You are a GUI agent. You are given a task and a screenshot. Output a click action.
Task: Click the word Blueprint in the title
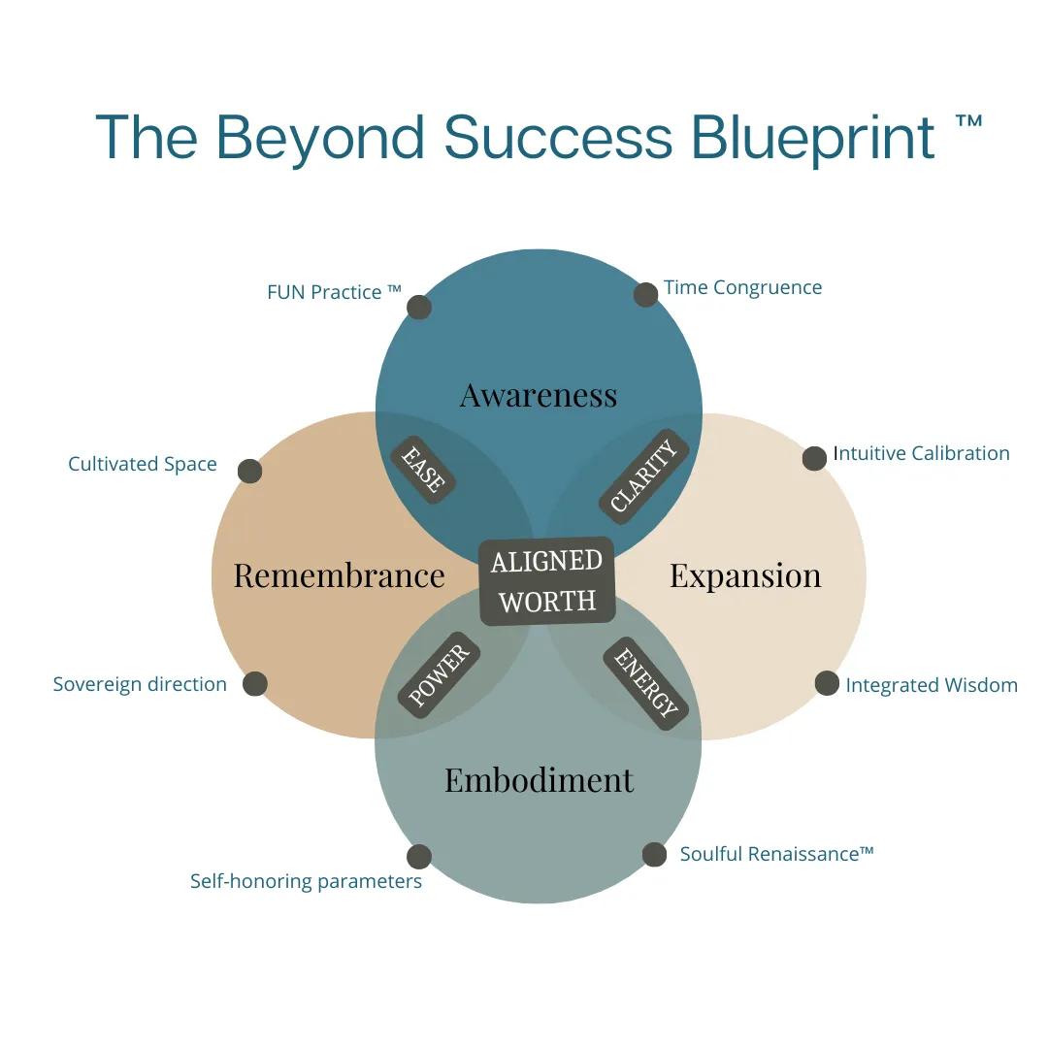pos(813,139)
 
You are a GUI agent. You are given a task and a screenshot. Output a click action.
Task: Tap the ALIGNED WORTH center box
pos(547,581)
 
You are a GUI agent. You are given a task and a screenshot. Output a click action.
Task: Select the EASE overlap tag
pos(423,470)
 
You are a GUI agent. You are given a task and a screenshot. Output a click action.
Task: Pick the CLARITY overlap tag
pos(643,475)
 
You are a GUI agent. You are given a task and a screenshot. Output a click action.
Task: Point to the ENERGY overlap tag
pos(645,682)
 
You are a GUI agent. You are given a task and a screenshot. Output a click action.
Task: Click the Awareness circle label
pos(539,395)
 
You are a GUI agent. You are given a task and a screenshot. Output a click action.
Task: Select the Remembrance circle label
pos(339,575)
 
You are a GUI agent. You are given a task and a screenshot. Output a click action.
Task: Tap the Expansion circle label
pos(745,576)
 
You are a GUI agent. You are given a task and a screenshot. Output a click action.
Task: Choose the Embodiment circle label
pos(539,780)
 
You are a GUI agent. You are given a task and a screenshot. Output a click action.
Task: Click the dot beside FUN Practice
pos(419,307)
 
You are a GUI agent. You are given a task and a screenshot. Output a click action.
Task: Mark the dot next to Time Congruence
pos(645,295)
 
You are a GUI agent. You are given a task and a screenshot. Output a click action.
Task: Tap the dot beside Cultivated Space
pos(250,472)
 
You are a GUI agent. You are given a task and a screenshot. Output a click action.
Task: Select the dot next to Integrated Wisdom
pos(827,683)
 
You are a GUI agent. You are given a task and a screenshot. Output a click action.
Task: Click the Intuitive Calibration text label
pos(921,453)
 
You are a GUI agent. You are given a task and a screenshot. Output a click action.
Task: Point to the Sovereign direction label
pos(140,684)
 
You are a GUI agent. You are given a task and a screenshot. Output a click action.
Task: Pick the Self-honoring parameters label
pos(306,881)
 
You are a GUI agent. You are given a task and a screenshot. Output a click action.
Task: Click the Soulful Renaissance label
pos(776,854)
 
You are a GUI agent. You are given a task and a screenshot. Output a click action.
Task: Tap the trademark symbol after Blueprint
pos(968,121)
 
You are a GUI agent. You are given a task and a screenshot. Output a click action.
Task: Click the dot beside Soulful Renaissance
pos(654,854)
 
